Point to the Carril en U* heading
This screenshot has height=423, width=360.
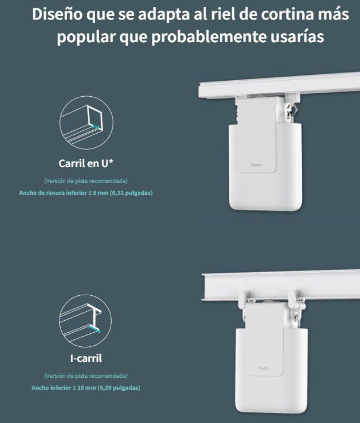pyautogui.click(x=86, y=163)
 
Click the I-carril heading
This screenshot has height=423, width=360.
pyautogui.click(x=86, y=358)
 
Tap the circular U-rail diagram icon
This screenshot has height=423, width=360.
pyautogui.click(x=86, y=123)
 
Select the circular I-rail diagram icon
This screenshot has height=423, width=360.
pyautogui.click(x=85, y=321)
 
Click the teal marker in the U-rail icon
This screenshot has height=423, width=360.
pyautogui.click(x=96, y=127)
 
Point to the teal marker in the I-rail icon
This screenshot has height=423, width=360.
pyautogui.click(x=94, y=329)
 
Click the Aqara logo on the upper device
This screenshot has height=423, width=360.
pyautogui.click(x=257, y=165)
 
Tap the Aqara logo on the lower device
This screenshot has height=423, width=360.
pyautogui.click(x=264, y=368)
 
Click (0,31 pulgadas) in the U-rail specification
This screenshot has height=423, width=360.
pyautogui.click(x=131, y=192)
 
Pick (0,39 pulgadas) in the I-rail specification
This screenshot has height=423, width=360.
pyautogui.click(x=119, y=388)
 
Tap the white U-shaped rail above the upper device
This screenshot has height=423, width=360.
pyautogui.click(x=279, y=84)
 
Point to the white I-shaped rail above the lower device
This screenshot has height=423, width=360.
pyautogui.click(x=281, y=285)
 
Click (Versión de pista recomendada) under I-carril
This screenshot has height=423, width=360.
pyautogui.click(x=86, y=375)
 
